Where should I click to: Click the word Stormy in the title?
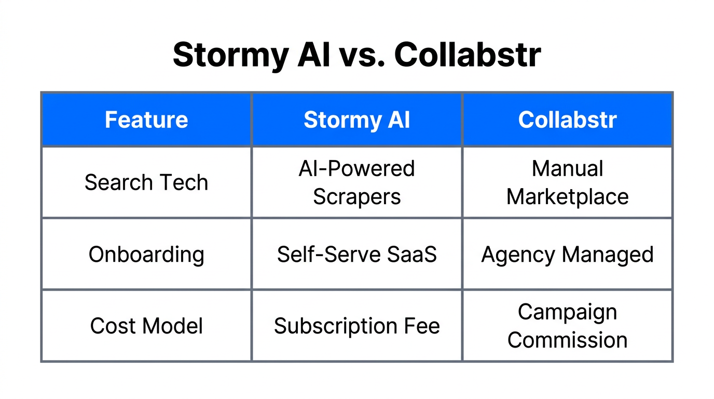pyautogui.click(x=229, y=55)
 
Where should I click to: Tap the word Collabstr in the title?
pyautogui.click(x=468, y=55)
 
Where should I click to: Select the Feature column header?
pyautogui.click(x=146, y=120)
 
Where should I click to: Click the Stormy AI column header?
pyautogui.click(x=357, y=120)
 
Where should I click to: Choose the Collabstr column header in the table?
pyautogui.click(x=567, y=120)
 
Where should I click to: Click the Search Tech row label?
pyautogui.click(x=146, y=183)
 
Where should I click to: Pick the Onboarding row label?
pyautogui.click(x=146, y=255)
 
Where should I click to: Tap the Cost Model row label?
pyautogui.click(x=146, y=326)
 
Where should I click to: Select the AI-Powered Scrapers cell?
pyautogui.click(x=357, y=183)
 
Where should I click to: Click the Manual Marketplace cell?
pyautogui.click(x=567, y=183)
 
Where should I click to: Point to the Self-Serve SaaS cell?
pyautogui.click(x=357, y=255)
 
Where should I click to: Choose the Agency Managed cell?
pyautogui.click(x=567, y=255)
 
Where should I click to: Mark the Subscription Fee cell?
pyautogui.click(x=357, y=326)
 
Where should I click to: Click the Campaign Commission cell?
pyautogui.click(x=567, y=326)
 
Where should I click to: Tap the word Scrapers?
pyautogui.click(x=357, y=197)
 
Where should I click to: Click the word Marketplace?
pyautogui.click(x=567, y=197)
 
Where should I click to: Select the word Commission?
pyautogui.click(x=567, y=340)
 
